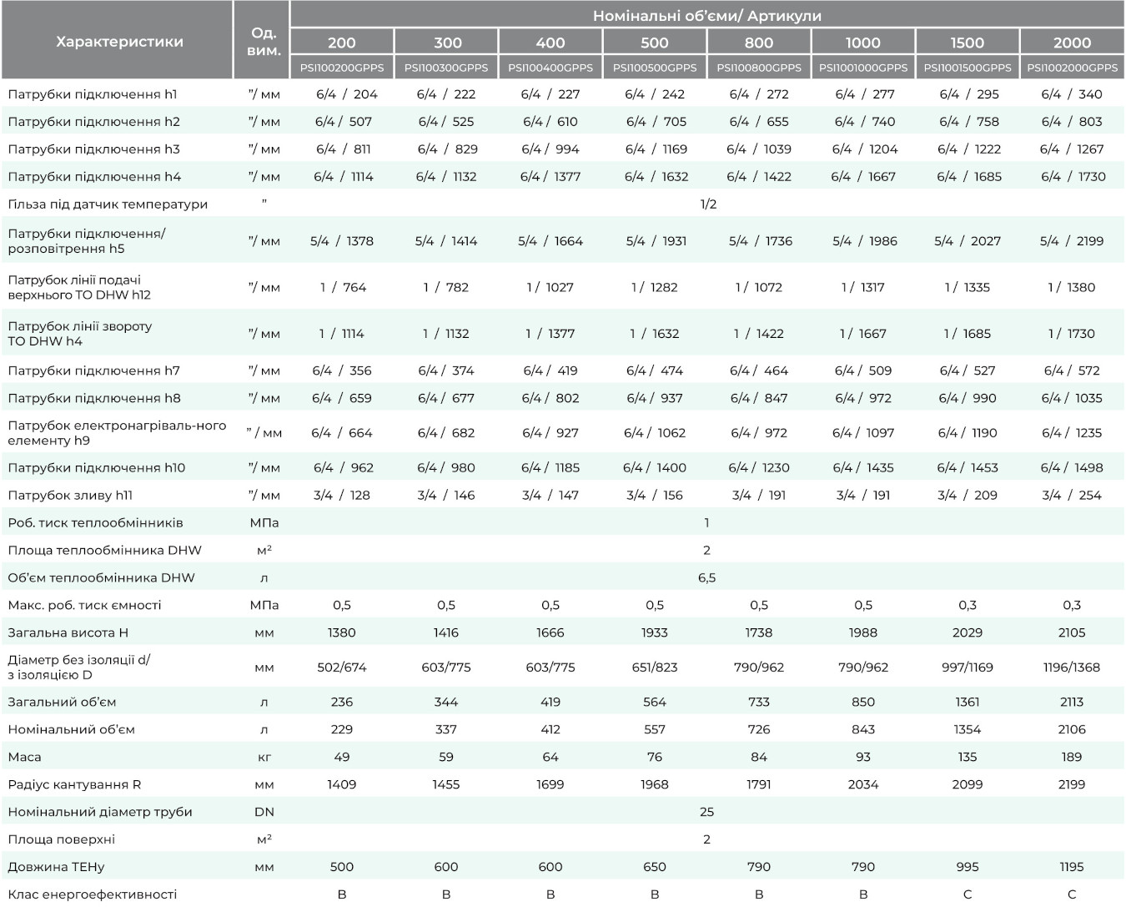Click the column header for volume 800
coord(758,43)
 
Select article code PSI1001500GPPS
coord(967,68)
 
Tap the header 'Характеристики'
coord(119,42)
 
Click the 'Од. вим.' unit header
coord(264,42)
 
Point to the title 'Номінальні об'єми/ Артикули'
coord(707,16)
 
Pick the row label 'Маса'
coord(24,756)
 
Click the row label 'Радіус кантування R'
coord(74,784)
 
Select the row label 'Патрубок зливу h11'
coord(70,495)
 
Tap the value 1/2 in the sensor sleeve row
coord(708,204)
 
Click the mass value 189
coord(1072,756)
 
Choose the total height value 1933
coord(654,632)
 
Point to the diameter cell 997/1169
coord(967,667)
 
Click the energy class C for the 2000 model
coord(1072,894)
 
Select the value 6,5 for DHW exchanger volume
coord(706,577)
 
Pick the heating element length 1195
coord(1072,866)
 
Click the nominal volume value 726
coord(759,728)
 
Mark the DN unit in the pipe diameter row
coord(264,811)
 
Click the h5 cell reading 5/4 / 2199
coord(1072,241)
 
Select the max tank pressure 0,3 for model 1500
coord(967,605)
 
